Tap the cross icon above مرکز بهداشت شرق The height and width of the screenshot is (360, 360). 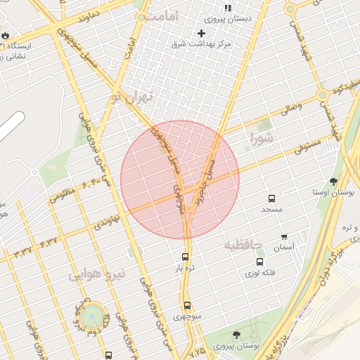(202, 33)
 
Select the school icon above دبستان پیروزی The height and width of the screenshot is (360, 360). (228, 8)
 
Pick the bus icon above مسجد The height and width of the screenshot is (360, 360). (271, 199)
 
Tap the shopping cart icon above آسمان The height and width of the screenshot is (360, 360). (284, 237)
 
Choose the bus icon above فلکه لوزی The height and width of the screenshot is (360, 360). (259, 262)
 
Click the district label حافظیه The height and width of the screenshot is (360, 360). (243, 245)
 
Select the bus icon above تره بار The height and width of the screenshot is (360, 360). (185, 257)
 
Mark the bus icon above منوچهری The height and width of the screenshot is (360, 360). (187, 305)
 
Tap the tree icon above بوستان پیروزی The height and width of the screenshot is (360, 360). (236, 335)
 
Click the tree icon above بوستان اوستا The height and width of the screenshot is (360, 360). (333, 181)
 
